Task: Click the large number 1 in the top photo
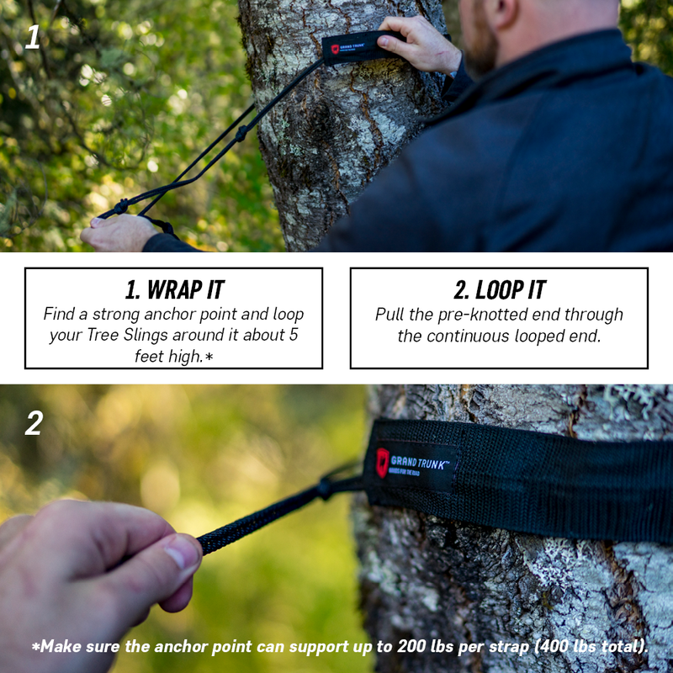tap(32, 36)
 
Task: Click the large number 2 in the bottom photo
tap(33, 422)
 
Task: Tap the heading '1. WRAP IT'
tap(174, 289)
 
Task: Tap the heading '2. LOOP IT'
tap(499, 289)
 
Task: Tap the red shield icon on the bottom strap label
tap(383, 462)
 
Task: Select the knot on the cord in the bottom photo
tap(324, 489)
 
